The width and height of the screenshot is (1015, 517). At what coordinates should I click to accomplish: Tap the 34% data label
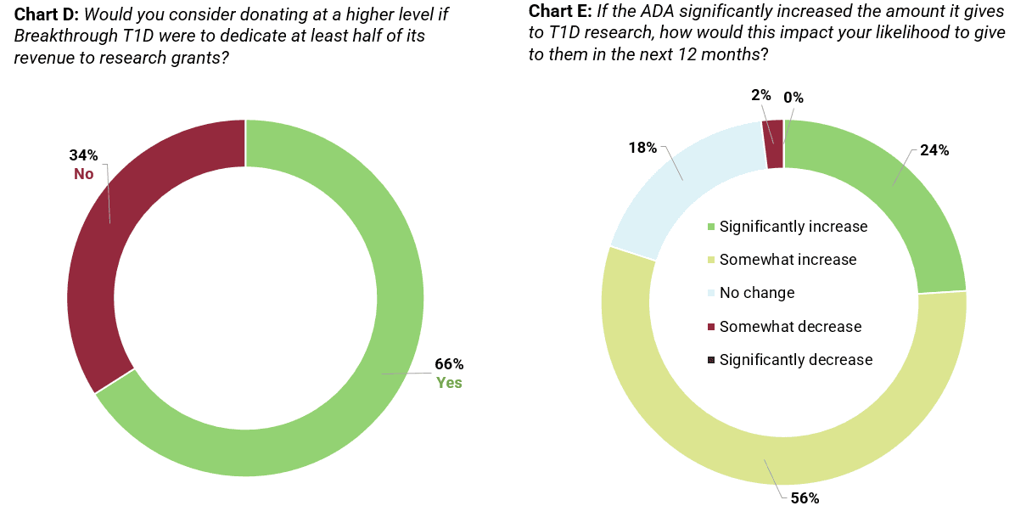[83, 155]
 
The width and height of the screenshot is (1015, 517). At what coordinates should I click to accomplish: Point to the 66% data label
[449, 364]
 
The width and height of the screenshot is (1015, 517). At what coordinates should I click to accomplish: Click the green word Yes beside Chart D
[449, 382]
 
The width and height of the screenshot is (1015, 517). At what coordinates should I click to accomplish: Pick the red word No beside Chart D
[83, 173]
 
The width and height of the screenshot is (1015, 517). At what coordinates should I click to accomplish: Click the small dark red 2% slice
[774, 143]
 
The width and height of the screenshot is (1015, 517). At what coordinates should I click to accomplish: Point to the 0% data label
[793, 98]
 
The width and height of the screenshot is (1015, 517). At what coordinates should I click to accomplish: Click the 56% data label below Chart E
[805, 498]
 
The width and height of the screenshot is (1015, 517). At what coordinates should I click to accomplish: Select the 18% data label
[642, 148]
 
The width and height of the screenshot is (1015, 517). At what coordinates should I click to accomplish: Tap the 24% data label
[934, 150]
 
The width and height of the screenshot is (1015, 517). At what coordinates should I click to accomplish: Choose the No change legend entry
[756, 293]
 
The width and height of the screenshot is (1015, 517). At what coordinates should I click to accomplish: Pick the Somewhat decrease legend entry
[789, 327]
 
